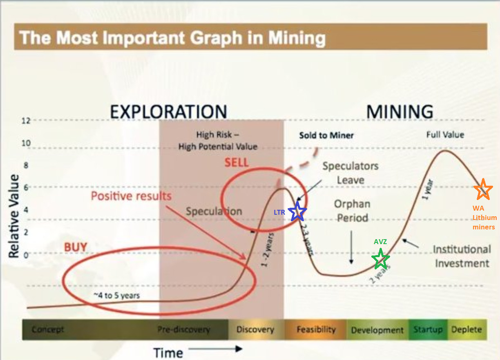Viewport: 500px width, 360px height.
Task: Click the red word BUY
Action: coord(76,247)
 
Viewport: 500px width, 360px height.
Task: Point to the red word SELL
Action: coord(237,162)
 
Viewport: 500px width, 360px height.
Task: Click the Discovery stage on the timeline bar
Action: coord(255,329)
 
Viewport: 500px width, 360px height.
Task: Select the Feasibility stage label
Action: coord(316,329)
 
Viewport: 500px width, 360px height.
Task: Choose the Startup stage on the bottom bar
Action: coord(428,330)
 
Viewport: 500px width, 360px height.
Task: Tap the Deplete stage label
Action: coord(467,329)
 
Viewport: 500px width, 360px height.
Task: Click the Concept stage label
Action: coord(48,329)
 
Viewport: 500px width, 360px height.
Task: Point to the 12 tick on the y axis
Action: coord(26,121)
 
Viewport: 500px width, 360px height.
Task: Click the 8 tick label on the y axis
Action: coord(26,165)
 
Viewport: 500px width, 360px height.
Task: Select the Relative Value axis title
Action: coord(13,216)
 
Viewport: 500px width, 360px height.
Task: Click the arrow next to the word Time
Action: coord(215,349)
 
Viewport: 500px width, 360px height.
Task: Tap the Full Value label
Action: coord(445,135)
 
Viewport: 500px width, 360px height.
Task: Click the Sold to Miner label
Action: coord(326,136)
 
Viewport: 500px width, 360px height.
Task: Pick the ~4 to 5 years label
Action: coord(116,296)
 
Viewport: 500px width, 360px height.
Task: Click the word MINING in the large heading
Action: coord(400,111)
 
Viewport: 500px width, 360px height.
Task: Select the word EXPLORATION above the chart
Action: coord(169,111)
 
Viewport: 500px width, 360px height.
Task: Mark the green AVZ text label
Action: coord(380,242)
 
